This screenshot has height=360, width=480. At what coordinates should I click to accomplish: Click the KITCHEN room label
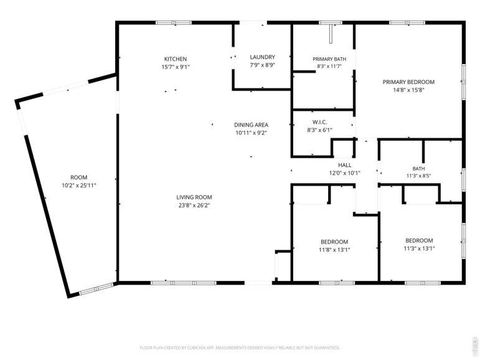(x=176, y=59)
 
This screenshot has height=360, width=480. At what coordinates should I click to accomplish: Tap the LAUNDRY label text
(x=262, y=57)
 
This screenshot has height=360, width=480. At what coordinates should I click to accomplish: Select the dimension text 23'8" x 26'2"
(x=194, y=206)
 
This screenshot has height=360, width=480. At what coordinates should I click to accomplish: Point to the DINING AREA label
(x=251, y=125)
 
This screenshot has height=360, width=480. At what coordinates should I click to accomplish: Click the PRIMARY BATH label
(x=329, y=59)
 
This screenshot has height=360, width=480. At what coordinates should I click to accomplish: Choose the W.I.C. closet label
(x=319, y=122)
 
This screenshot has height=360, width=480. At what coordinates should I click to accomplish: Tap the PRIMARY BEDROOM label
(x=408, y=82)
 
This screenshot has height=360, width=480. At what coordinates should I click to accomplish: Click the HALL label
(x=345, y=165)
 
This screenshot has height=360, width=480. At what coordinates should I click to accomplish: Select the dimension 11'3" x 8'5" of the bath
(x=418, y=176)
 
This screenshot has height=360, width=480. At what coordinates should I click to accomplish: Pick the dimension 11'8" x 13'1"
(x=334, y=250)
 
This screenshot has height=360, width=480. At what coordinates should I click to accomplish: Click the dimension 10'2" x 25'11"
(x=79, y=186)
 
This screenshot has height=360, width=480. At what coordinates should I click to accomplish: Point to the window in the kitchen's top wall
(x=174, y=22)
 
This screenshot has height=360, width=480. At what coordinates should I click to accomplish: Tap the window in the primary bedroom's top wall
(x=407, y=22)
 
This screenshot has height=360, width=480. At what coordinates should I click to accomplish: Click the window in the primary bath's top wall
(x=331, y=22)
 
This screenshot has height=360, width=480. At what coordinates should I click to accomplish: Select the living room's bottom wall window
(x=184, y=283)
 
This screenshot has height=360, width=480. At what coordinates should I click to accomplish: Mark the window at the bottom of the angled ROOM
(x=96, y=289)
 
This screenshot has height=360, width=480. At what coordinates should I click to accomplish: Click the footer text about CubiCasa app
(x=240, y=348)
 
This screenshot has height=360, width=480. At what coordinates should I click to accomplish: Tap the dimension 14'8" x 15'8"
(x=408, y=90)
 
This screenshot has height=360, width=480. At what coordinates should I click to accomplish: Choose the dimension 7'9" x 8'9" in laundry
(x=262, y=65)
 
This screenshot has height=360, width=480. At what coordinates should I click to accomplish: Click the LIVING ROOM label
(x=194, y=197)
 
